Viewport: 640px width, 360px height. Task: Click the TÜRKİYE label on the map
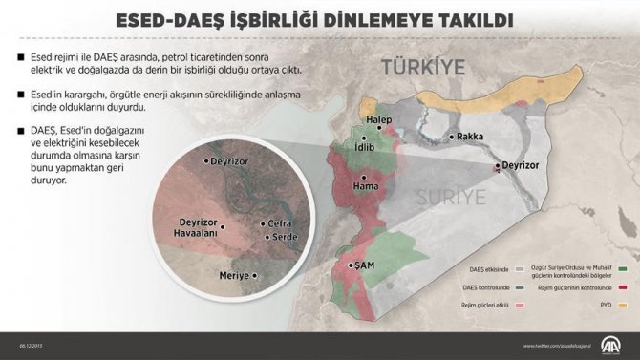click(422, 68)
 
